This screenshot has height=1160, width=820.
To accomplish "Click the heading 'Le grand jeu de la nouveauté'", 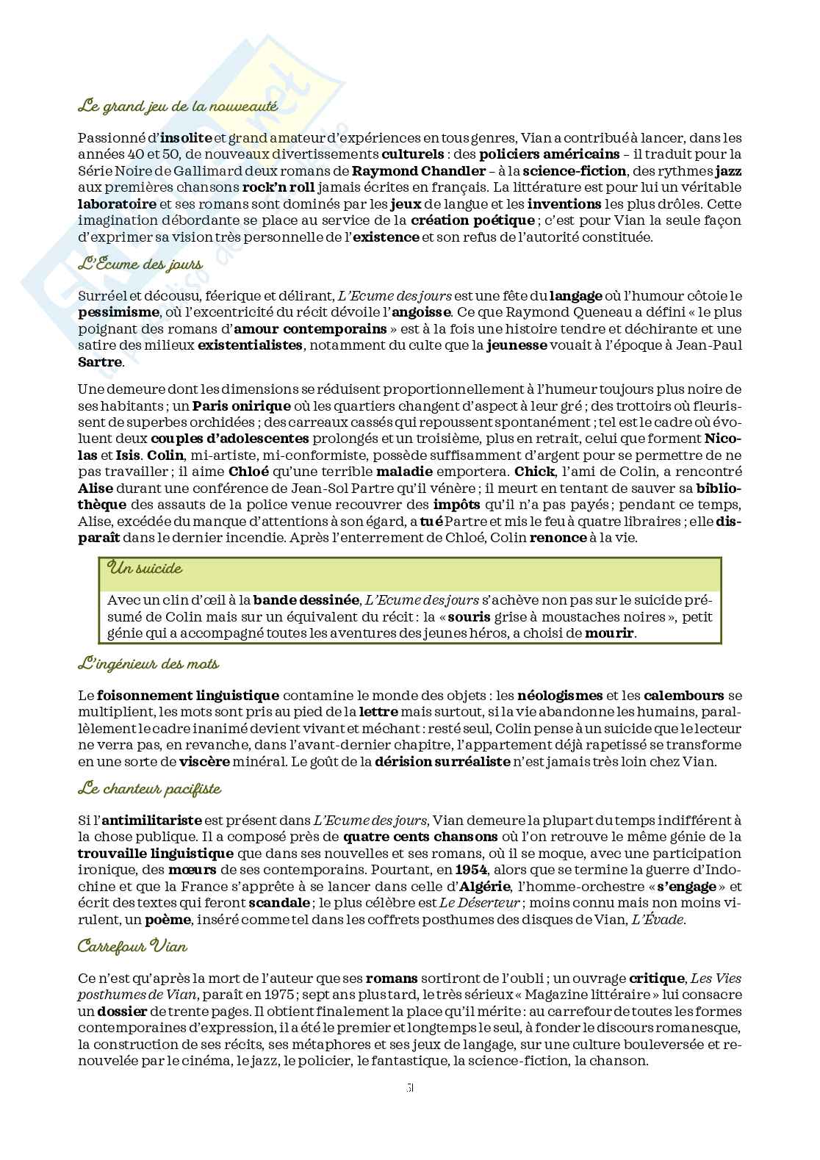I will (177, 107).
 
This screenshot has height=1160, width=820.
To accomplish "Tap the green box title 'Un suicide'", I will (145, 568).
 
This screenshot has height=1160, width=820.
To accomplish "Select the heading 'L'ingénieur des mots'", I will (148, 664).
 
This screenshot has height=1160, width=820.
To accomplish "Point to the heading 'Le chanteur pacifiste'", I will (149, 789).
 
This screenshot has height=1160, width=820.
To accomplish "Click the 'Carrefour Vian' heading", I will (132, 946).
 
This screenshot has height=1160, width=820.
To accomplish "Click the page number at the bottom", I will (410, 1088).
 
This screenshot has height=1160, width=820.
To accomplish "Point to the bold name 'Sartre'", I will (101, 361).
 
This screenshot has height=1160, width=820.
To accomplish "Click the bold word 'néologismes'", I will (560, 695).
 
